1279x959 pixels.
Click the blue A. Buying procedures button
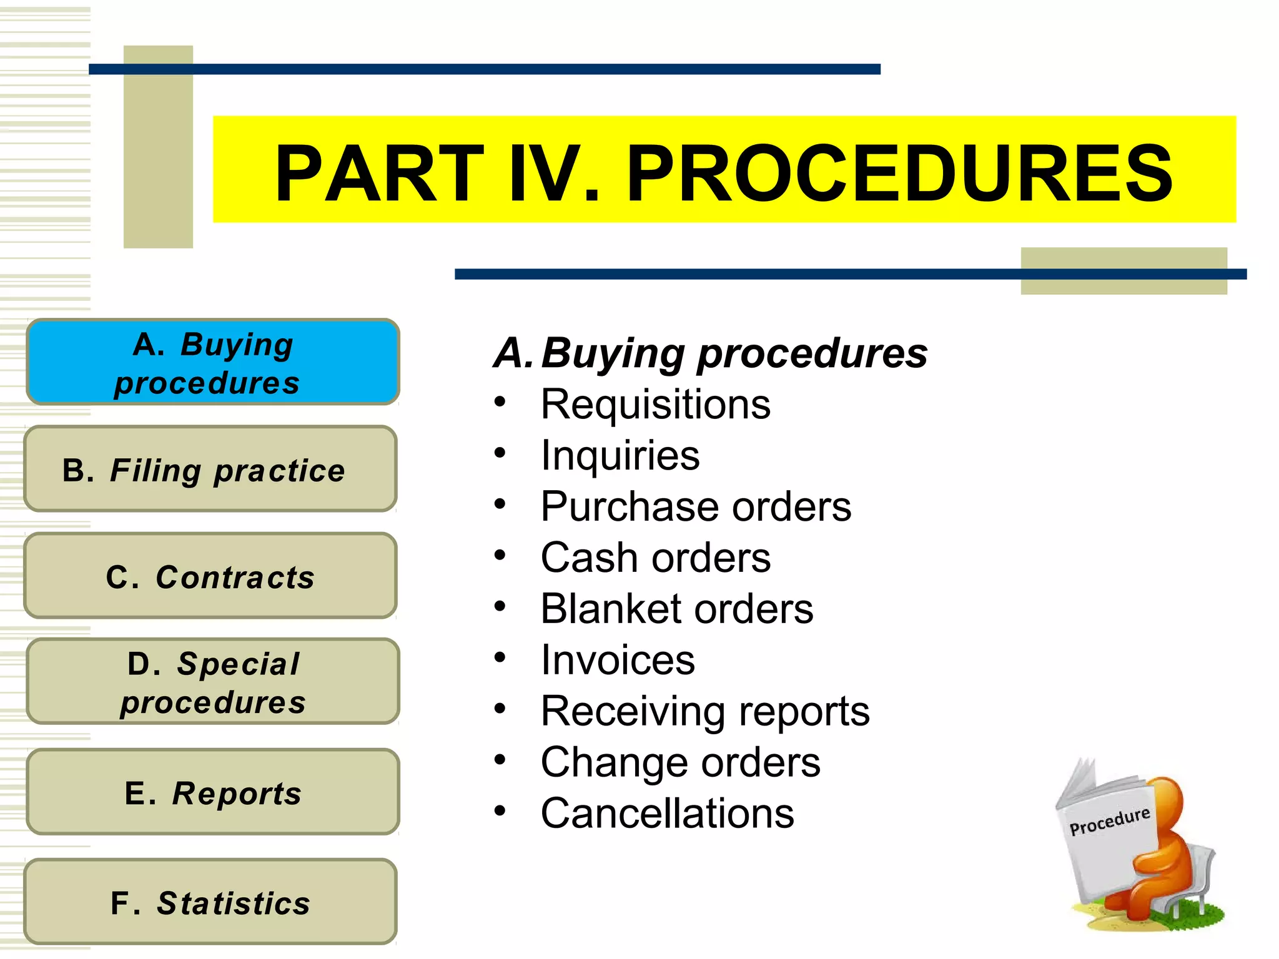coord(212,362)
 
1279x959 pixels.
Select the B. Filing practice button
coord(210,470)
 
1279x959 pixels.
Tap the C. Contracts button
coord(210,576)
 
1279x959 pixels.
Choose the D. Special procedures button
coord(212,682)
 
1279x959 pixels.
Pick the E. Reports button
coord(212,792)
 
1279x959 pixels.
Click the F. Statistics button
coord(210,902)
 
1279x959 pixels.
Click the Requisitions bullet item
coord(655,405)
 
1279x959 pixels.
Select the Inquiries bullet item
coord(620,455)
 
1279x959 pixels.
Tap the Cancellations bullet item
coord(667,814)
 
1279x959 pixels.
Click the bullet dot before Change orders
coord(500,760)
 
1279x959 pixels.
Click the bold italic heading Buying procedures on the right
coord(734,353)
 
